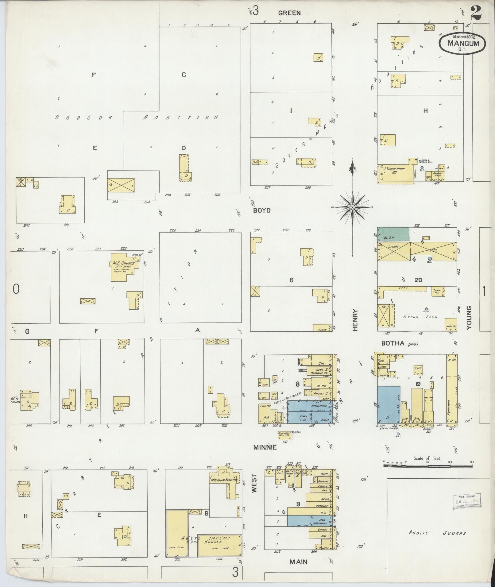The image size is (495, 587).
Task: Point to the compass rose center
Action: click(x=353, y=207)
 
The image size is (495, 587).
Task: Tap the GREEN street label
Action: click(x=289, y=13)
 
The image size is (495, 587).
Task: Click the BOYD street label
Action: click(x=262, y=210)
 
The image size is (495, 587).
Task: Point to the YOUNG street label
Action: click(x=469, y=318)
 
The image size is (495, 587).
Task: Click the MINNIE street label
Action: click(x=265, y=447)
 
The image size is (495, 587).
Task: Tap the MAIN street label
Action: click(x=298, y=562)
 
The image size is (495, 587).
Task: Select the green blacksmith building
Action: click(x=393, y=234)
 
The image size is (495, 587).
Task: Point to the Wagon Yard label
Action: click(x=420, y=317)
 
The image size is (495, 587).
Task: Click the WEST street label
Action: click(x=254, y=485)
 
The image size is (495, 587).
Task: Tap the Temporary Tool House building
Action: click(x=284, y=435)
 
